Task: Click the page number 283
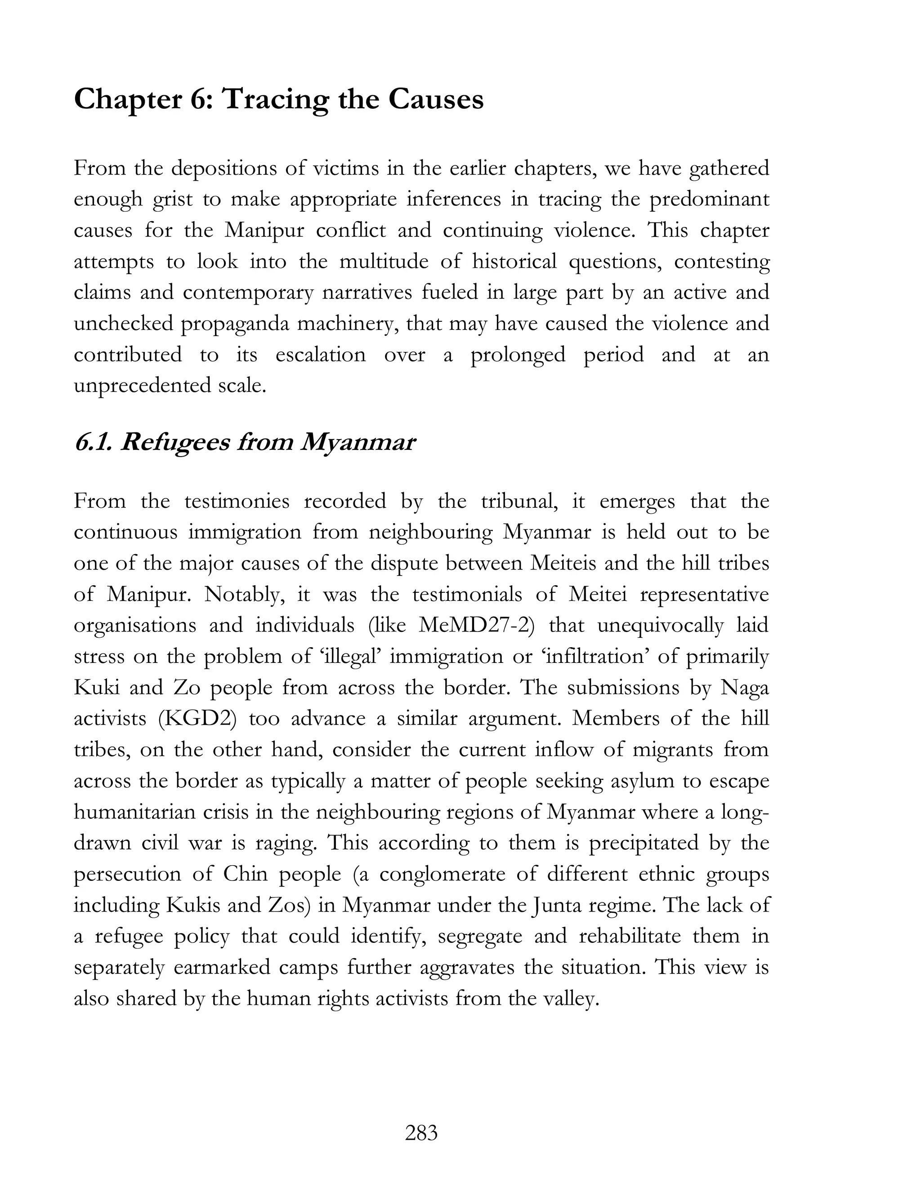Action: tap(421, 1133)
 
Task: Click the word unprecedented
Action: tap(142, 386)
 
